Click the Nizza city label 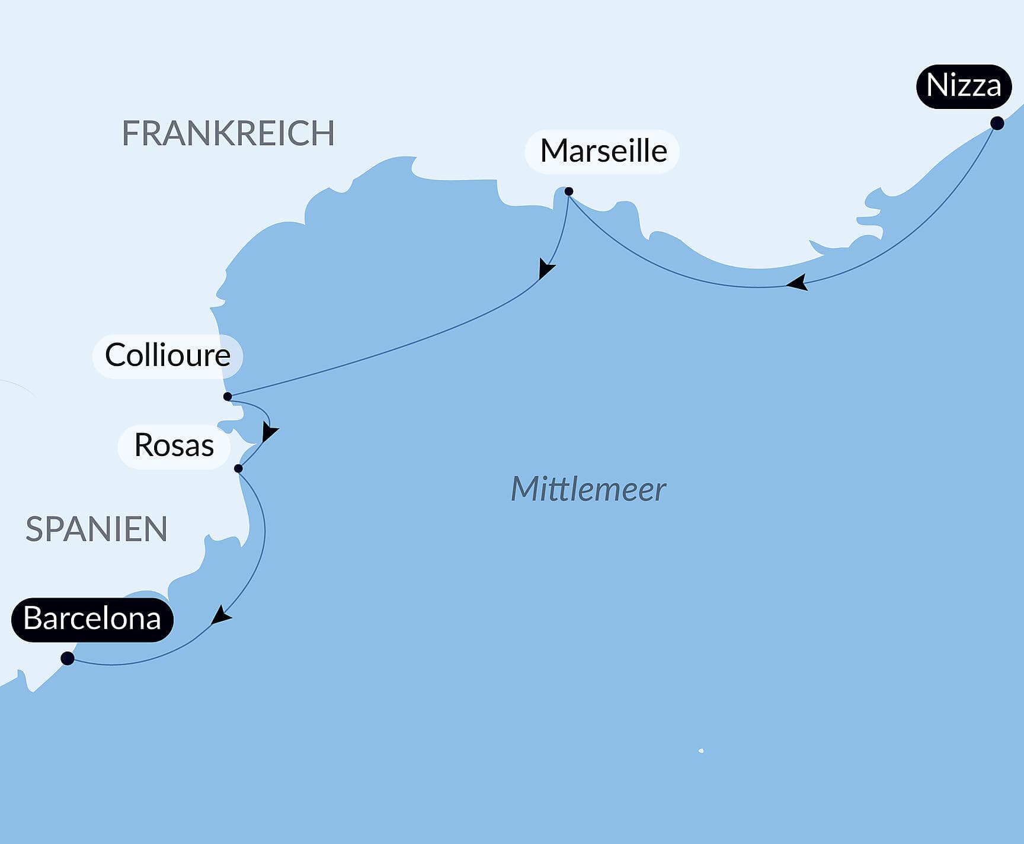click(x=964, y=86)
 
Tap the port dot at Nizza click(x=997, y=123)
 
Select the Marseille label click(x=603, y=151)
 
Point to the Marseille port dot click(x=568, y=191)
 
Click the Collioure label click(x=168, y=355)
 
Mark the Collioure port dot click(x=228, y=396)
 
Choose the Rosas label click(x=174, y=445)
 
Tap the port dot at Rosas click(x=238, y=468)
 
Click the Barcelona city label click(x=92, y=620)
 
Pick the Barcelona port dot click(x=68, y=658)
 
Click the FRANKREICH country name click(x=228, y=133)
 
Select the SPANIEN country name click(x=97, y=529)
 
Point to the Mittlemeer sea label click(x=588, y=490)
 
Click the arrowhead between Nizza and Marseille click(x=798, y=283)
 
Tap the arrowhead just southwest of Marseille click(x=546, y=269)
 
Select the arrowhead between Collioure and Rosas click(x=269, y=433)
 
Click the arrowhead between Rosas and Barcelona click(x=221, y=615)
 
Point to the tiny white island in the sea click(x=701, y=750)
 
